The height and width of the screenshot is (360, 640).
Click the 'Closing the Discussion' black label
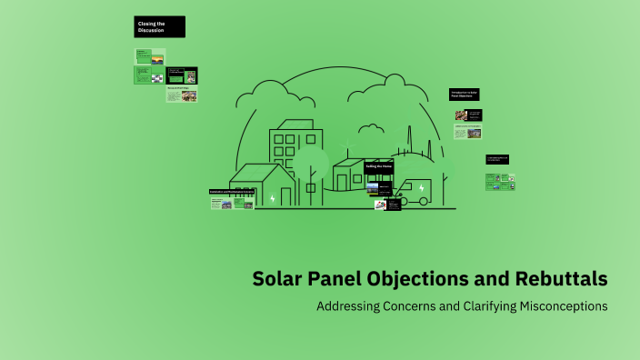coord(159,27)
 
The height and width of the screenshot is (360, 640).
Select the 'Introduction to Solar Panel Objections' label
coord(465,95)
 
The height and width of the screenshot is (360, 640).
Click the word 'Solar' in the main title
coord(279,278)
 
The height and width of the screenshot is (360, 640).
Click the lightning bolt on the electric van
coord(421,188)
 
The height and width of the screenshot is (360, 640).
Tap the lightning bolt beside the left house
coord(272,197)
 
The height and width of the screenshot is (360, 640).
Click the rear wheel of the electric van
coord(424,200)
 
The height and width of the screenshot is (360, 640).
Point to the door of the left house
coord(286,195)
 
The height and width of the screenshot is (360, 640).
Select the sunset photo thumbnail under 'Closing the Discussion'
coord(157,56)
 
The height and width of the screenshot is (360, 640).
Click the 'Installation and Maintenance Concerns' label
coord(231,192)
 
